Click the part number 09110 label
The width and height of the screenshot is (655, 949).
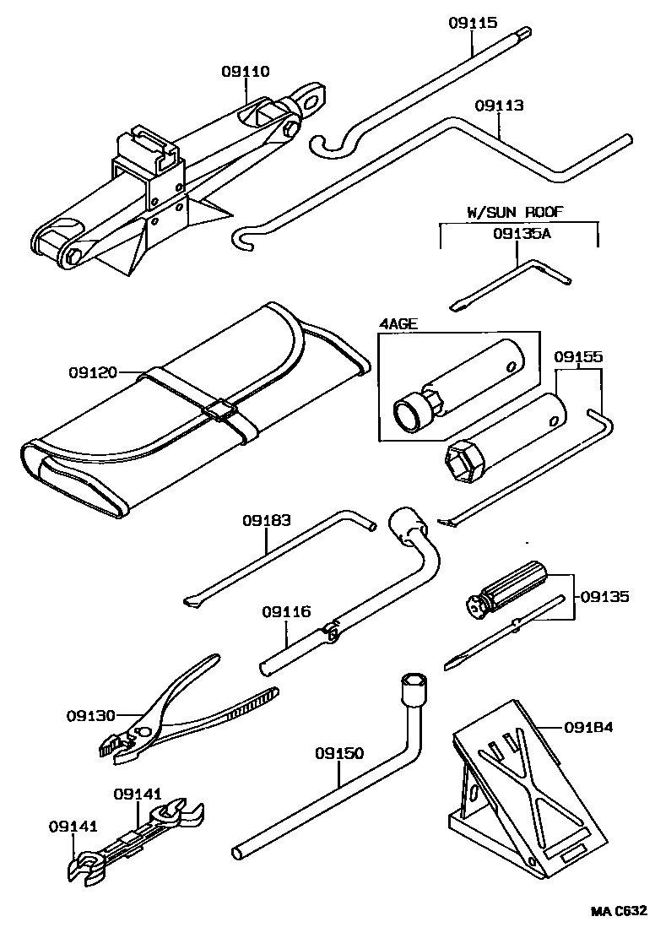coord(246,73)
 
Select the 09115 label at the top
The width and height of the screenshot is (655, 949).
coord(472,24)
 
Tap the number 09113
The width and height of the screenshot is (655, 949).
coord(499,106)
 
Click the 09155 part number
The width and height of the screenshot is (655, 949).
coord(578,357)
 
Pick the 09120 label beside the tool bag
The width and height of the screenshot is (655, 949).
coord(94,371)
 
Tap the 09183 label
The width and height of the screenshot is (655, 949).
coord(268,521)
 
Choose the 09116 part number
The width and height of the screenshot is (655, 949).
coord(286,611)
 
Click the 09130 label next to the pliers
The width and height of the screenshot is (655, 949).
coord(90,716)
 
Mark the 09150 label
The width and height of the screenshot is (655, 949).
coord(340,751)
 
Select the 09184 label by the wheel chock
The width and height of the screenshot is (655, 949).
coord(587,727)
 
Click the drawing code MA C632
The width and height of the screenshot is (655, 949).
coord(619,911)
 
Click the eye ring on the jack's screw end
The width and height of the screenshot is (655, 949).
coord(315,98)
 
